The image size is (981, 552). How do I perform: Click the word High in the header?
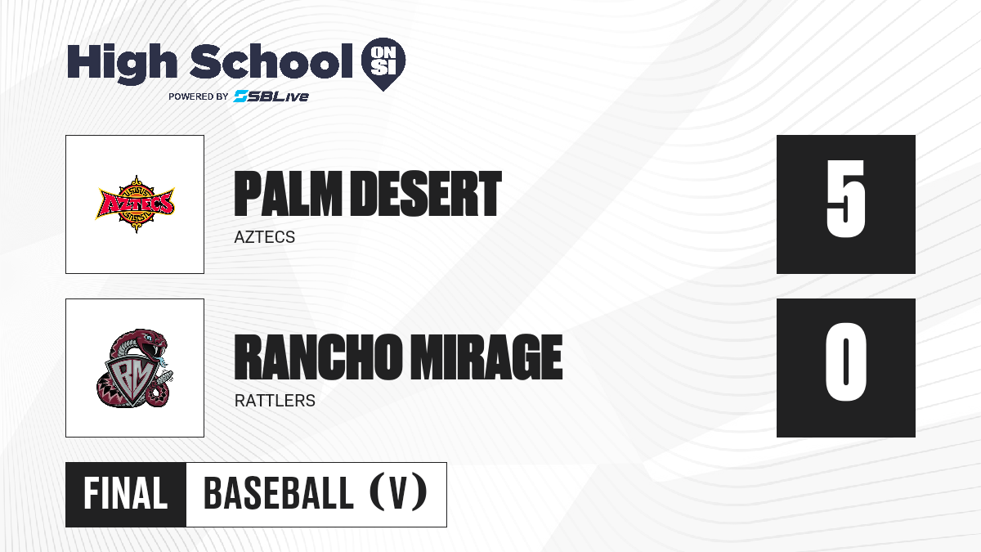(x=122, y=64)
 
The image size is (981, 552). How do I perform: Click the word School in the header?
(x=271, y=61)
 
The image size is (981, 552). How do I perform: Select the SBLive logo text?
(x=271, y=96)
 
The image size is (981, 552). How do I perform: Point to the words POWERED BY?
(x=199, y=96)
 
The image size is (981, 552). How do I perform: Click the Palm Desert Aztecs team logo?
(x=136, y=204)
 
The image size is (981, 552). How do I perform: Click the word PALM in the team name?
(x=288, y=194)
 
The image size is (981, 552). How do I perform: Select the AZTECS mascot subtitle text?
(x=265, y=237)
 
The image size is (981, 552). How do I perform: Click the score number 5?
(x=845, y=199)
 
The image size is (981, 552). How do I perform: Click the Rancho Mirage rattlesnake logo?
(x=135, y=368)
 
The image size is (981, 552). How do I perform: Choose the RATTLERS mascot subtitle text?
(x=275, y=401)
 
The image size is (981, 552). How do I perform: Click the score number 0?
(x=845, y=361)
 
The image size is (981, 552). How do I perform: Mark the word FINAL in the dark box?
(x=126, y=494)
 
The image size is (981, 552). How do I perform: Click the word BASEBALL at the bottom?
(x=279, y=494)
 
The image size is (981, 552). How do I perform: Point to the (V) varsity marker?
(x=398, y=492)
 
